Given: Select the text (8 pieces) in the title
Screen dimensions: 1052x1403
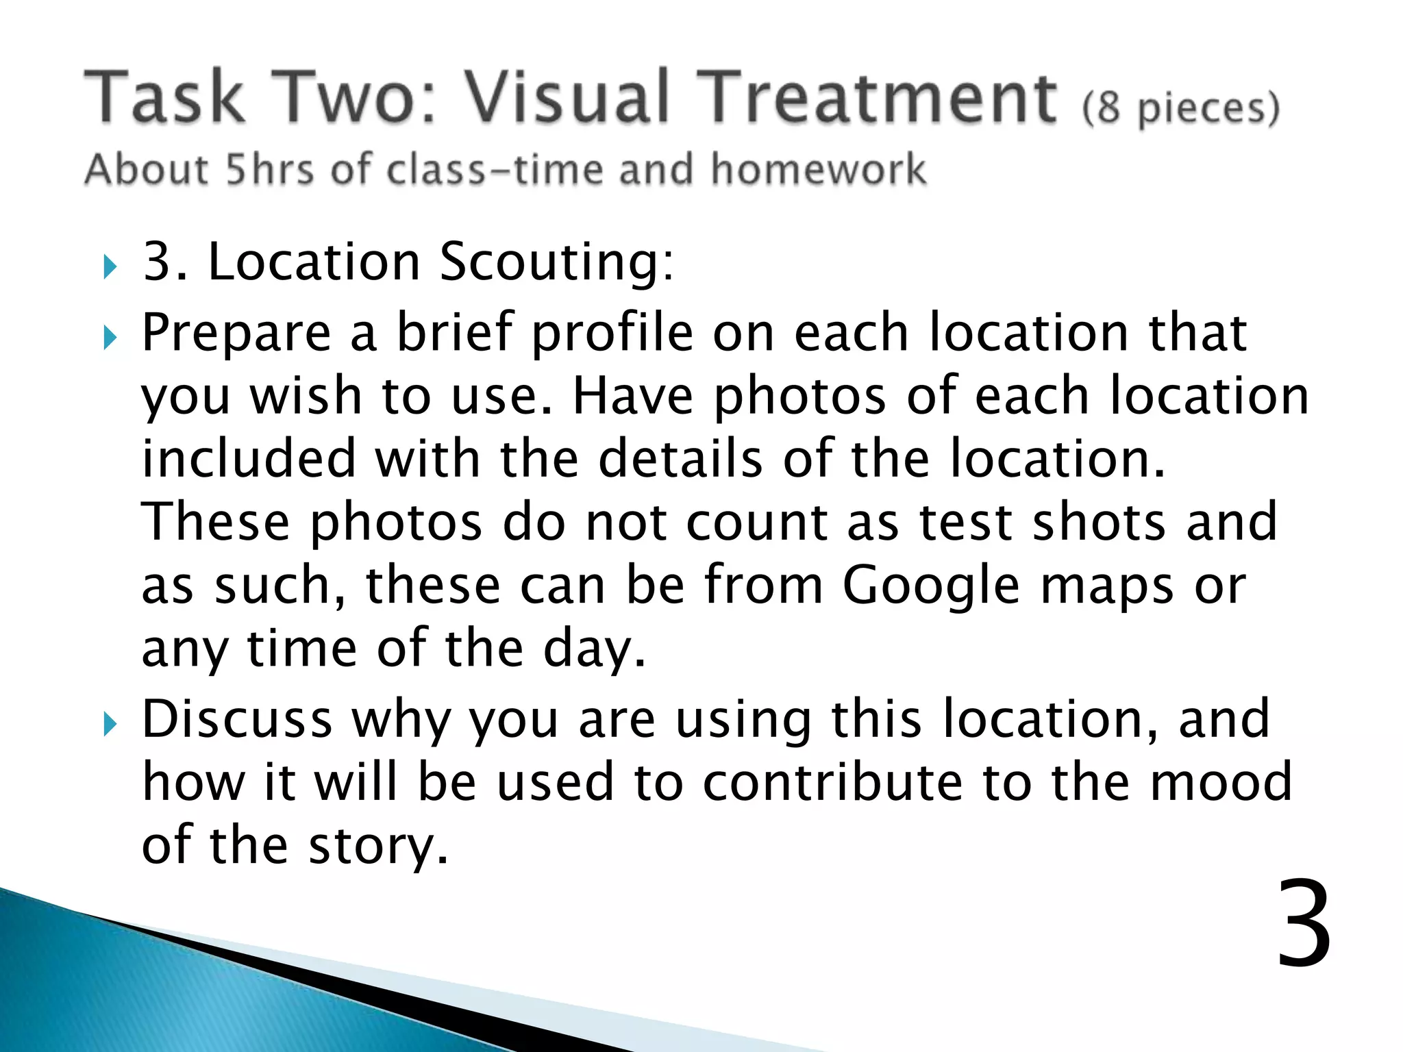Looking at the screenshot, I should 1180,108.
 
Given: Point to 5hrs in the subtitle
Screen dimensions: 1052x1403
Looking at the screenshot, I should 270,169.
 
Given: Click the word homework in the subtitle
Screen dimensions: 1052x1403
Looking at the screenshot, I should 818,169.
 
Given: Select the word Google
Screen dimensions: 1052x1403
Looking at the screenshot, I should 931,586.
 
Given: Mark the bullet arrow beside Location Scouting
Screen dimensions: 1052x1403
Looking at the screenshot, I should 110,266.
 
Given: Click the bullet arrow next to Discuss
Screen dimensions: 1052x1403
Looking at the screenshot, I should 110,724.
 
